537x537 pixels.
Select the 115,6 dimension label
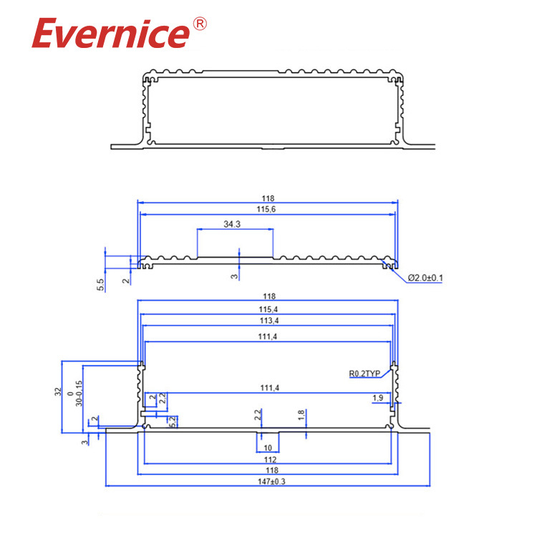click(x=268, y=208)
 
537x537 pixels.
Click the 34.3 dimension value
click(x=231, y=224)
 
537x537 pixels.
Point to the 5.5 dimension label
click(x=101, y=284)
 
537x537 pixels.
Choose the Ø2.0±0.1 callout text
click(x=425, y=278)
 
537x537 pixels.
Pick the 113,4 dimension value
click(x=268, y=320)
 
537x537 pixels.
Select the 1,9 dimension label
click(x=377, y=397)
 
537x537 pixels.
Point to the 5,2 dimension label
click(x=173, y=422)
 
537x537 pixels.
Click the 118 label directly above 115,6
click(x=268, y=198)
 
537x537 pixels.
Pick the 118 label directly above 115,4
click(x=268, y=296)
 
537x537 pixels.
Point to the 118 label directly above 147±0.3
click(x=268, y=470)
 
